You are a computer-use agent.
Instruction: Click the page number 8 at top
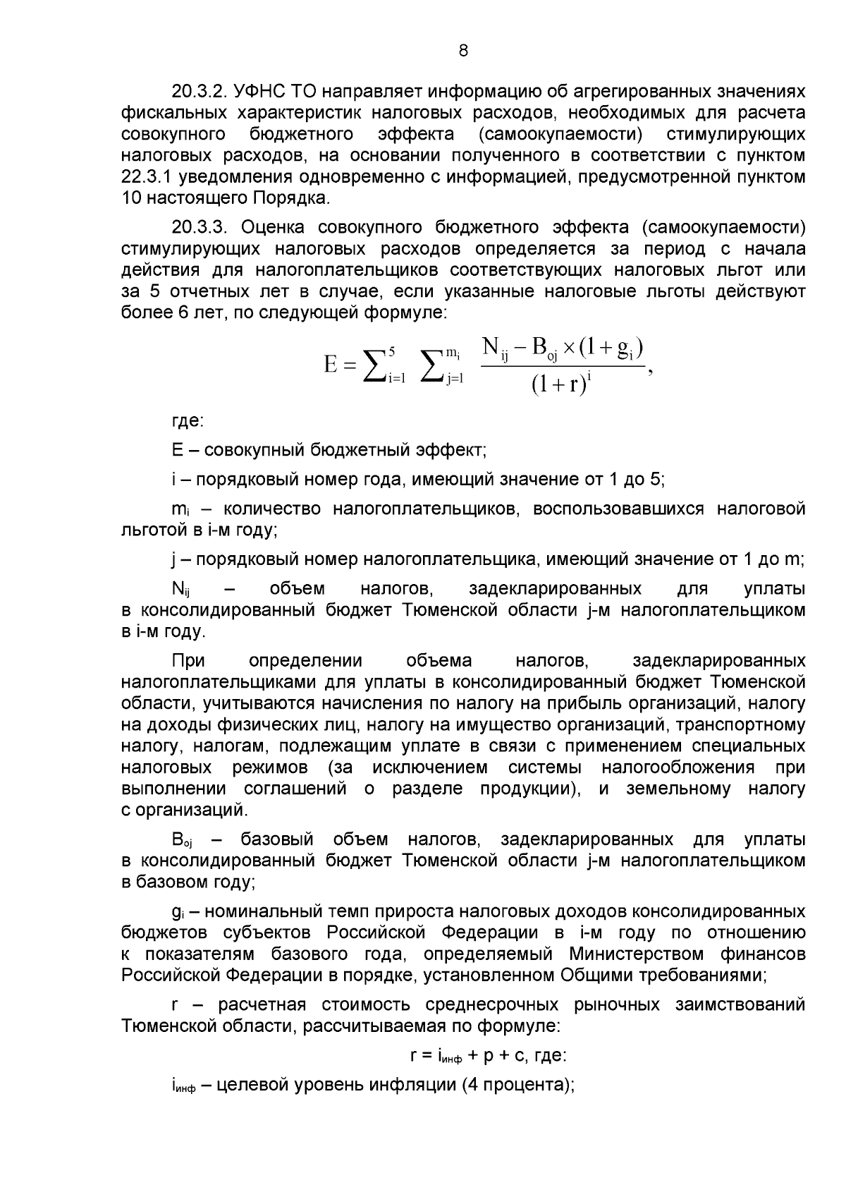click(x=463, y=50)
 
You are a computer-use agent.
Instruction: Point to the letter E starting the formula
click(x=331, y=365)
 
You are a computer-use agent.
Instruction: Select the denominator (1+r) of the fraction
click(x=559, y=385)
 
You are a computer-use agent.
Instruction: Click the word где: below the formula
click(x=188, y=422)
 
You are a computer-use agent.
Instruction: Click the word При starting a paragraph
click(x=188, y=661)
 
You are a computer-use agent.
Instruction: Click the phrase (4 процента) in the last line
click(x=517, y=1085)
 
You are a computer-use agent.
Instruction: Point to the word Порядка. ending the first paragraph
click(x=294, y=198)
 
